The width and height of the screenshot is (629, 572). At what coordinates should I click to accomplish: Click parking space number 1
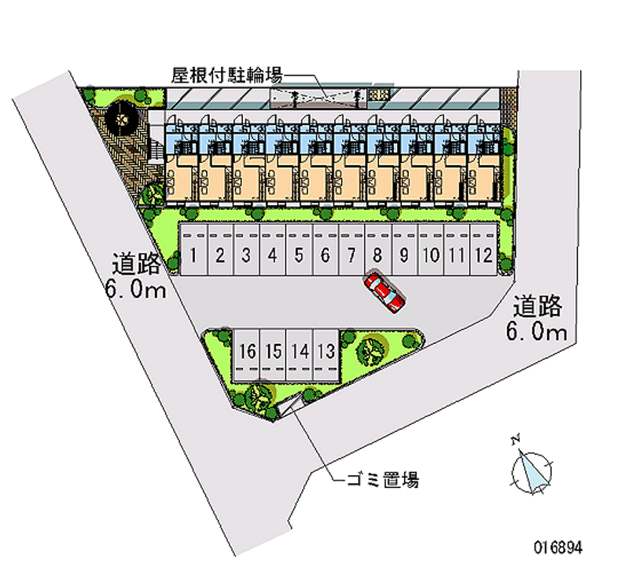point(193,253)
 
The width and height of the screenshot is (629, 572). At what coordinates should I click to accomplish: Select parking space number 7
point(351,253)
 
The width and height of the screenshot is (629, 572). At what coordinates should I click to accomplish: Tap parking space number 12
point(484,253)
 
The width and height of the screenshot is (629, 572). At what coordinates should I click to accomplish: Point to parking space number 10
point(430,253)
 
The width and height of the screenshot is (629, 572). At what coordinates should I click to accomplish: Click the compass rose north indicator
point(531,471)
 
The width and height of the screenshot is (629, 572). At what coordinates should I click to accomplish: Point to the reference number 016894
point(560,545)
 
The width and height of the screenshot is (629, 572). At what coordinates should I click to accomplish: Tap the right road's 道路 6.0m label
point(538,317)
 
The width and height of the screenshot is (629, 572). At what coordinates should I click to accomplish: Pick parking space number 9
point(403,253)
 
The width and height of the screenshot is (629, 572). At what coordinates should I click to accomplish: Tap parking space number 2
point(220,253)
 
